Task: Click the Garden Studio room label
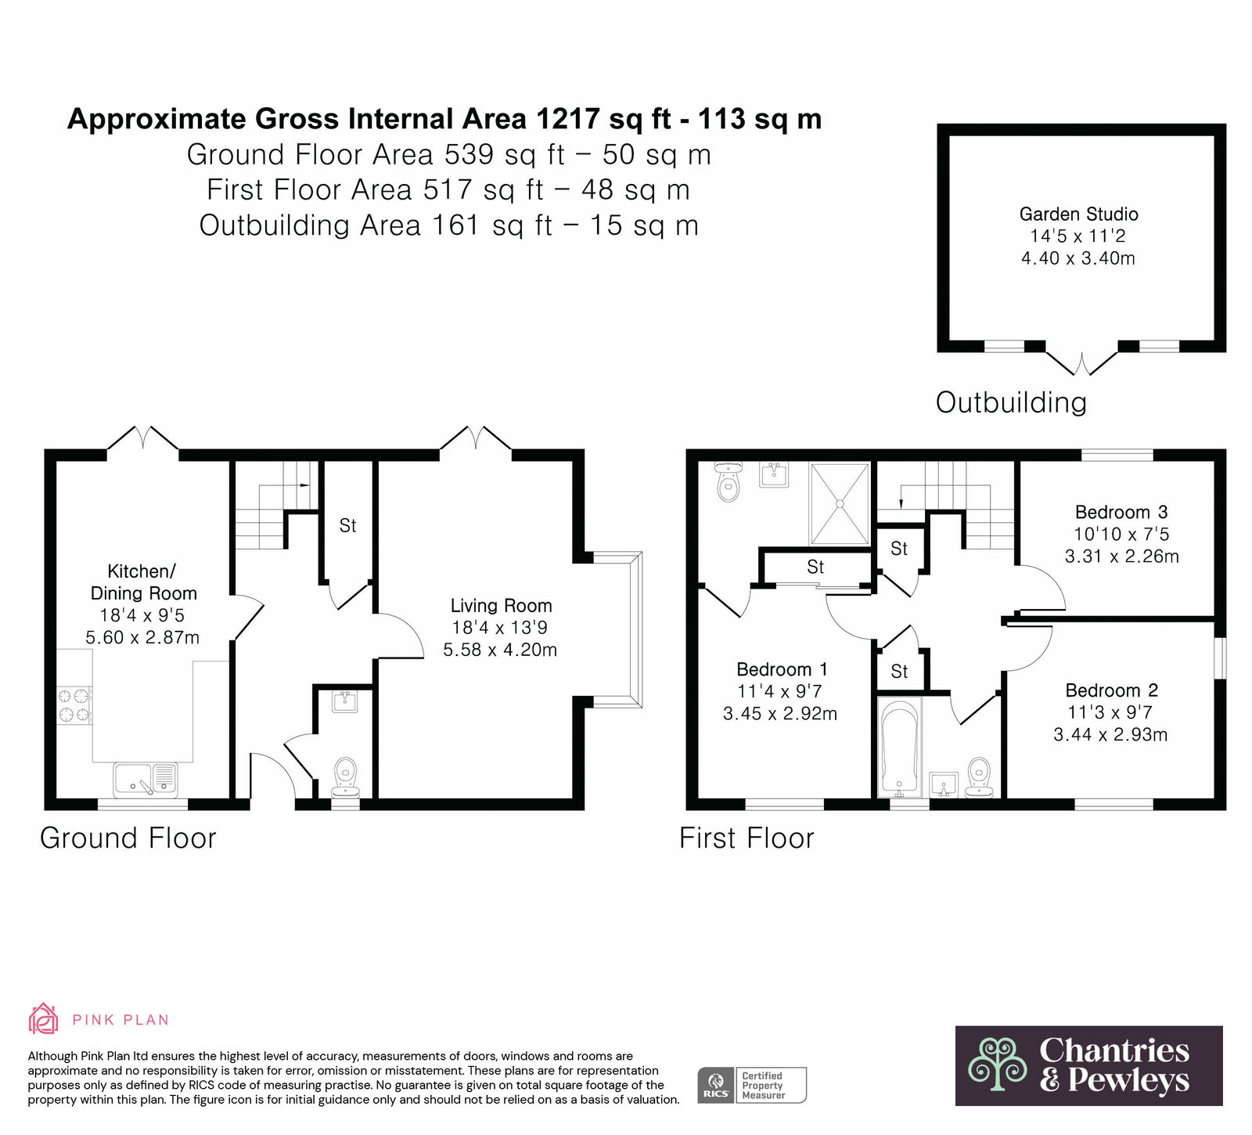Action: [1078, 214]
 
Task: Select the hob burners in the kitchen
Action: [74, 704]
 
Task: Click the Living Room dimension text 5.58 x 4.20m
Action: [500, 650]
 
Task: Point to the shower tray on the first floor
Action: [840, 503]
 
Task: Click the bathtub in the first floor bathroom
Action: [900, 744]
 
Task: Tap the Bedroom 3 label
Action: [1121, 512]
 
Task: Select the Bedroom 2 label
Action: [1111, 690]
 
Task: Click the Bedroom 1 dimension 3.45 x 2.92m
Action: [780, 714]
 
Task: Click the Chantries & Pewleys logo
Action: [1088, 1065]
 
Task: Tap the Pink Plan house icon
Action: [44, 1019]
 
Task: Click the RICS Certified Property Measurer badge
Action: [752, 1085]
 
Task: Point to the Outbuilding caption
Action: [1011, 402]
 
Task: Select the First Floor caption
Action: [747, 838]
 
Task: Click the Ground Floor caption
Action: [128, 838]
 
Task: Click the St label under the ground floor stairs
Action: [347, 526]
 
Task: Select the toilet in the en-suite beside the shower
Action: [729, 481]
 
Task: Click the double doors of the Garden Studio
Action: [1082, 363]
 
